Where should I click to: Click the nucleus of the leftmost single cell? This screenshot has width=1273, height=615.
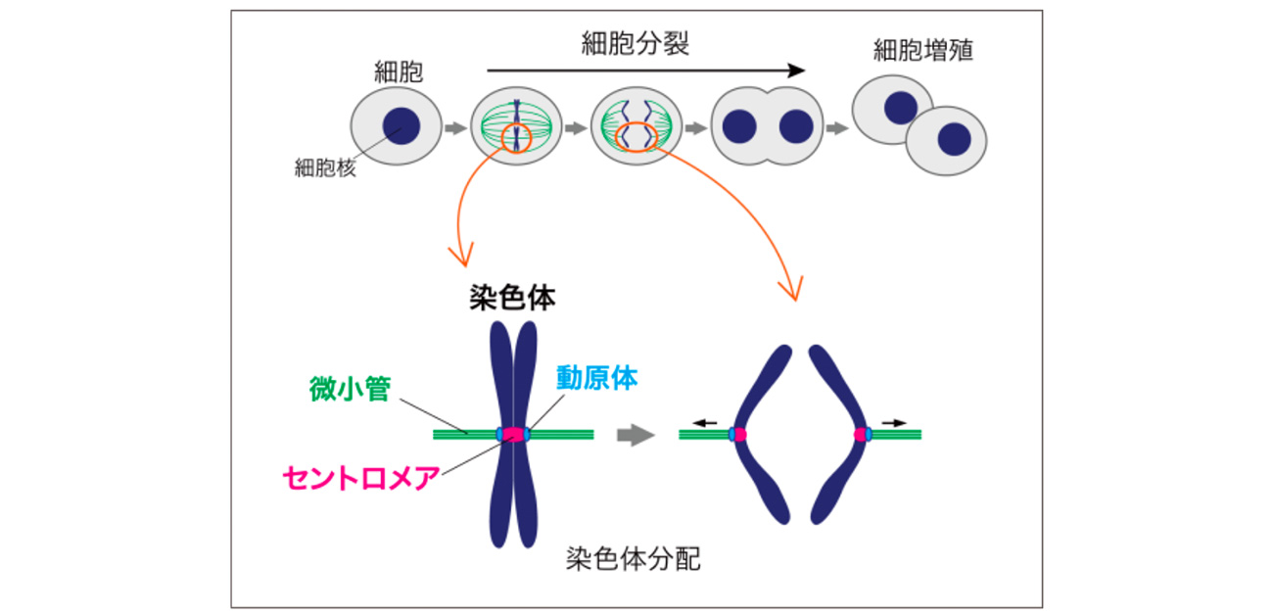pos(401,126)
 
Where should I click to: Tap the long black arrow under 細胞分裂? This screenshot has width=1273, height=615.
pos(645,71)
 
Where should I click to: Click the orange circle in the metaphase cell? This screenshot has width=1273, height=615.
pos(516,139)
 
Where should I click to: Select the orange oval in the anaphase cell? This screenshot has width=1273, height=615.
pos(635,136)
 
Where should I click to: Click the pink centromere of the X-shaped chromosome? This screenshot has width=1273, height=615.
pos(513,434)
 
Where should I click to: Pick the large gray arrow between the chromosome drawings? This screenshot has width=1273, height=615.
pos(635,435)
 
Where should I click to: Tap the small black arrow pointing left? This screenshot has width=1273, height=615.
pos(704,422)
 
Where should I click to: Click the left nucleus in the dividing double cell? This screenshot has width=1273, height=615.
pos(739,126)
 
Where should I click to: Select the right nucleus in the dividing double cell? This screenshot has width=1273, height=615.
pos(796,126)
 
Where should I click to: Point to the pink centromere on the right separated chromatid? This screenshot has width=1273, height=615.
pos(860,434)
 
